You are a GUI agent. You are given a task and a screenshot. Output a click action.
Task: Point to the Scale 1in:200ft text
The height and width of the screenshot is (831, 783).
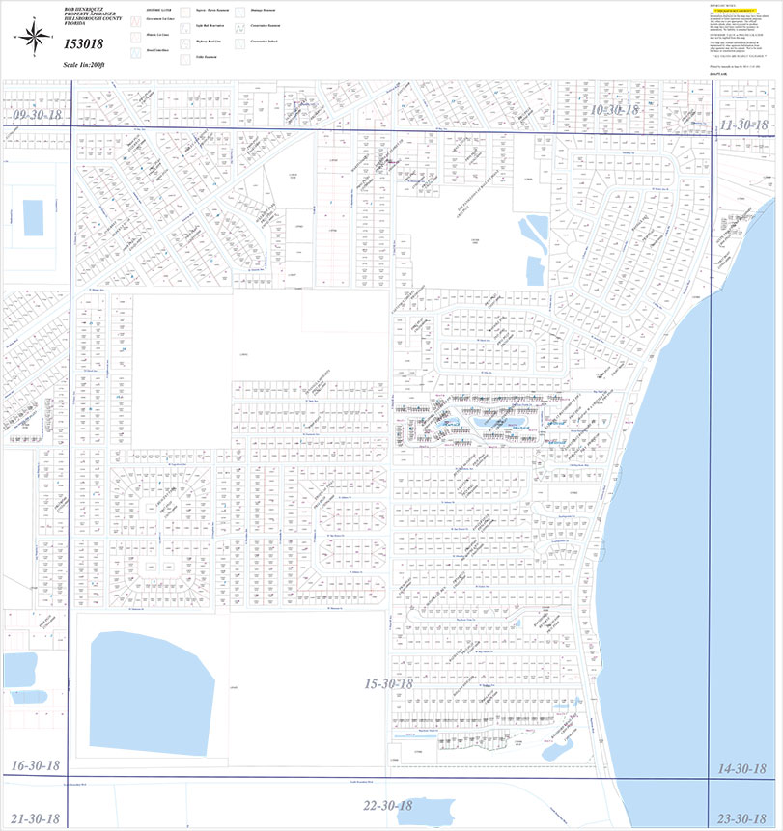[82, 64]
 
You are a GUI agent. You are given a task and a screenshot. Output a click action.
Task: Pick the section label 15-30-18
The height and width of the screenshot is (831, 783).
[388, 684]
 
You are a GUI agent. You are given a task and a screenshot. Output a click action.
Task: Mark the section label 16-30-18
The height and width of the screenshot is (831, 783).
[36, 765]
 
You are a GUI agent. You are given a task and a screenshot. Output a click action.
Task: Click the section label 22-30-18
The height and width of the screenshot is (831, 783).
[387, 805]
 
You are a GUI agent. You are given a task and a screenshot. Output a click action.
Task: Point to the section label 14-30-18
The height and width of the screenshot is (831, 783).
[744, 768]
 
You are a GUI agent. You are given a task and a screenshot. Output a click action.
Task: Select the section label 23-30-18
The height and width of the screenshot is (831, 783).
[744, 818]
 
